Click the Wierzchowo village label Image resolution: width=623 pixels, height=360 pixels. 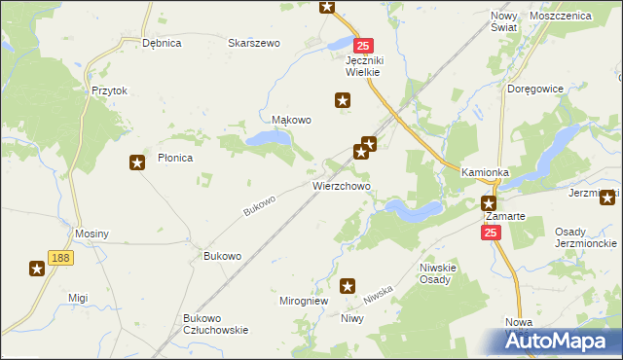coord(340,184)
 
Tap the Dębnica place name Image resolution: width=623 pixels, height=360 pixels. coord(162,43)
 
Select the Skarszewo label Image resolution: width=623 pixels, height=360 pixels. coord(253,43)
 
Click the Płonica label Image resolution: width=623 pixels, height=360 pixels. coord(175,157)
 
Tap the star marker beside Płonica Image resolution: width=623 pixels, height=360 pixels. coord(137,162)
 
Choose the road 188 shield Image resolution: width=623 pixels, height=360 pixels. coord(61,257)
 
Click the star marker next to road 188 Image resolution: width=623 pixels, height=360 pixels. coord(37,269)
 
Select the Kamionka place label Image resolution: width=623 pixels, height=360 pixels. coord(486,172)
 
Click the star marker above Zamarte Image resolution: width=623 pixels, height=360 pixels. coord(489,202)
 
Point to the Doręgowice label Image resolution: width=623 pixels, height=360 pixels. coord(535,89)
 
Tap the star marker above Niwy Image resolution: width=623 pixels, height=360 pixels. coord(348,286)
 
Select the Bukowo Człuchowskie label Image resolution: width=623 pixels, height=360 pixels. coord(215,324)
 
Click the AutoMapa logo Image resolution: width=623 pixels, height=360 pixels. coord(562,342)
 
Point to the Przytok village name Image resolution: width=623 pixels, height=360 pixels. coord(110,90)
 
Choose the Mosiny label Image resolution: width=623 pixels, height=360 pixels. coord(92,234)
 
